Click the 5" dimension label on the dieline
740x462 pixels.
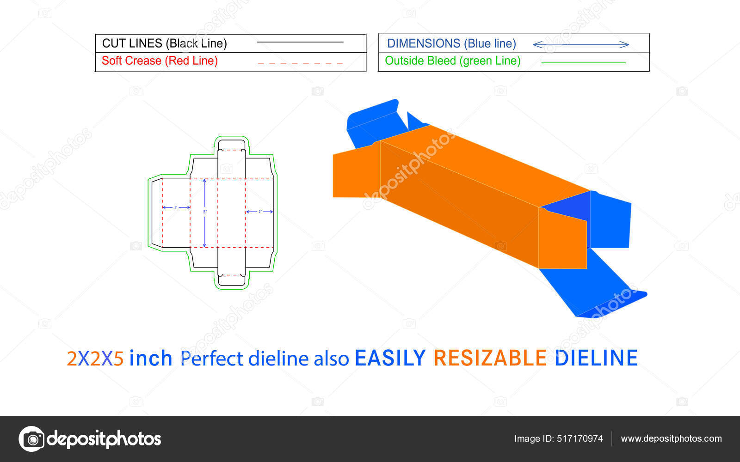click(205, 212)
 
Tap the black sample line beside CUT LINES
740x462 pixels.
click(300, 42)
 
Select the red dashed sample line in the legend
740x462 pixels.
click(300, 62)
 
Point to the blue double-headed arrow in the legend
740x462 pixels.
click(580, 44)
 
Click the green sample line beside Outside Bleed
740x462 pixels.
click(583, 62)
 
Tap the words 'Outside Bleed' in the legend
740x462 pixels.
click(420, 61)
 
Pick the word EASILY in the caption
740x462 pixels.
click(390, 358)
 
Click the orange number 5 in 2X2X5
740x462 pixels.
click(118, 359)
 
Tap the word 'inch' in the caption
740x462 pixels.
click(151, 358)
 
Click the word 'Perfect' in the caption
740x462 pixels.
click(211, 359)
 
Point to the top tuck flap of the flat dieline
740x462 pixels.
click(232, 145)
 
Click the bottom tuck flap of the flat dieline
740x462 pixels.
click(232, 280)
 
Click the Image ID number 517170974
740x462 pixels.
click(580, 438)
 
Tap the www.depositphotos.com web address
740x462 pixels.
click(671, 438)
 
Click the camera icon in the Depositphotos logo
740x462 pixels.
click(31, 439)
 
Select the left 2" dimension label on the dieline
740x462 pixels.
click(176, 207)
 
